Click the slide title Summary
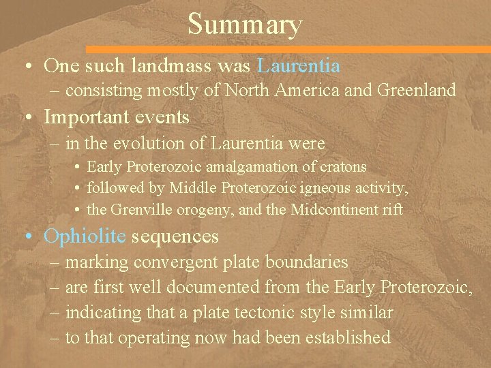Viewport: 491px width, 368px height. (x=245, y=25)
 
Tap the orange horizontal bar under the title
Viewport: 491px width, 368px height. (x=286, y=49)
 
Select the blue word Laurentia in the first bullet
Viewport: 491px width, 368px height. (x=299, y=65)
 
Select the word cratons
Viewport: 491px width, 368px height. (x=343, y=167)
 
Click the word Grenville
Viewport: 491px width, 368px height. (x=140, y=210)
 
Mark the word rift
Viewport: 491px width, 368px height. (x=393, y=210)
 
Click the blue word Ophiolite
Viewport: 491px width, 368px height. (x=85, y=236)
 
